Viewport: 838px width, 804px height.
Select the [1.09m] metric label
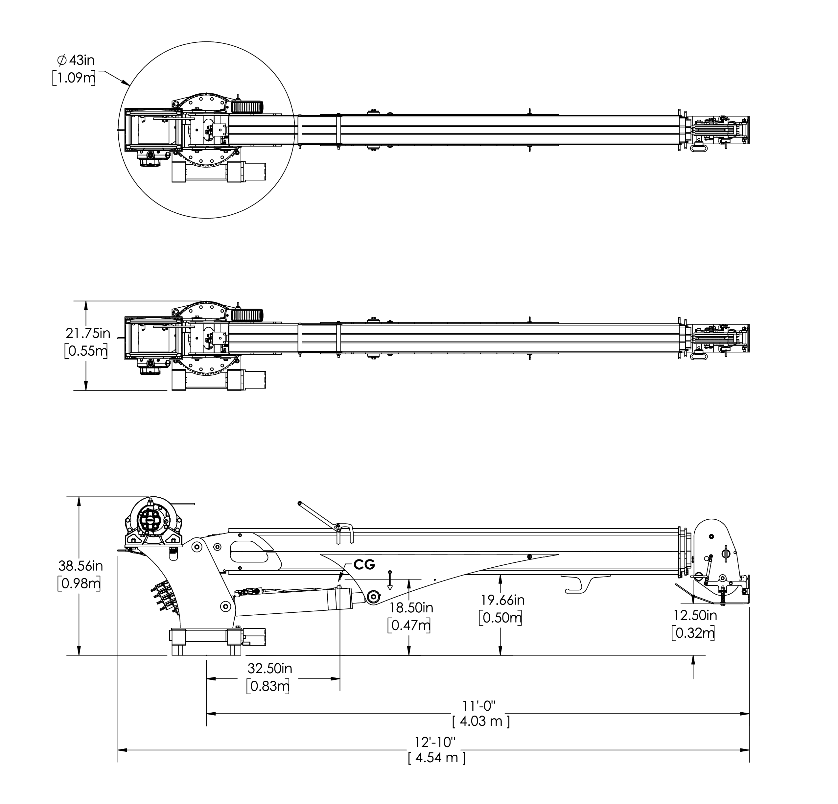point(74,78)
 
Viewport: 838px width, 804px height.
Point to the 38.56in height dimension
point(81,565)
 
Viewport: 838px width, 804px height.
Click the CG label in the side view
point(364,565)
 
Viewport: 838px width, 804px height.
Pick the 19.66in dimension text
point(502,600)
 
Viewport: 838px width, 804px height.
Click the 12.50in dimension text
point(695,615)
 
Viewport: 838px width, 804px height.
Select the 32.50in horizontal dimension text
point(270,668)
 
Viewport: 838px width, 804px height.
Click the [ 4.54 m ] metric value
point(436,758)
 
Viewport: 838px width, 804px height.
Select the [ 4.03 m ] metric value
point(481,722)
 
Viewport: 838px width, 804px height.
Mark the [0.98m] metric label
point(79,584)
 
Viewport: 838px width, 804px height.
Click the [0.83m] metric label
point(268,686)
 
